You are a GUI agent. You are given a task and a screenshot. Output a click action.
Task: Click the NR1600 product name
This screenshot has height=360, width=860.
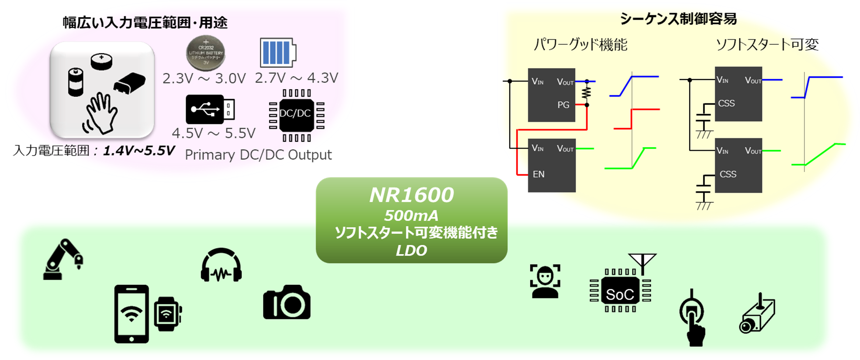click(411, 195)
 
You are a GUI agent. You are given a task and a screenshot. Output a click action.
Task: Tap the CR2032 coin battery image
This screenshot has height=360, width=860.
click(206, 53)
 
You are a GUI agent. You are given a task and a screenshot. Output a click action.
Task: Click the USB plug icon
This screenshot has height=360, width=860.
click(210, 109)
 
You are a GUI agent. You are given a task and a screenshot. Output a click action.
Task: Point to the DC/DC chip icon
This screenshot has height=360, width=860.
click(296, 115)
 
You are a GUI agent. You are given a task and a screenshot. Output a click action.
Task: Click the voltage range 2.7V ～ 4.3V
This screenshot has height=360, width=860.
click(296, 78)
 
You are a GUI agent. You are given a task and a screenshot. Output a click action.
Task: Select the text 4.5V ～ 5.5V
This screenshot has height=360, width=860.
click(214, 133)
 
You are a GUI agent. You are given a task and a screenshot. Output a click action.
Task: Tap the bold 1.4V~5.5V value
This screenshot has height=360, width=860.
click(138, 151)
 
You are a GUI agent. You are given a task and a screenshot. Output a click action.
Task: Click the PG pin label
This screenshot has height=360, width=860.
click(563, 105)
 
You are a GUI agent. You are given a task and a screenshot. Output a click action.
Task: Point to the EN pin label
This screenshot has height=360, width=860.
click(539, 174)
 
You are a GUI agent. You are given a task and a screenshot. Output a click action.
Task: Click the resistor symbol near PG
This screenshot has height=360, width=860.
click(587, 93)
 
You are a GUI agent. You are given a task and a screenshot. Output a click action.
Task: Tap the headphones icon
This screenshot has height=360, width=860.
click(221, 266)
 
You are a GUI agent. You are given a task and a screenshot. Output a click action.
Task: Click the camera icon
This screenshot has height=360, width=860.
click(287, 302)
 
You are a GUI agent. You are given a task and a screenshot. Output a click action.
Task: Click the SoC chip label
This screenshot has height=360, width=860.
click(620, 294)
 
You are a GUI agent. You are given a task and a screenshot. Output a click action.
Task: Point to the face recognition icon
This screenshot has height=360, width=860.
click(545, 281)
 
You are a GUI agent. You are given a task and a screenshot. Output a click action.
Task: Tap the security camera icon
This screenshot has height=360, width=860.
click(757, 314)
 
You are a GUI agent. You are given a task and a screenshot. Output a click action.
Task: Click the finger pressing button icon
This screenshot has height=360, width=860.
click(693, 318)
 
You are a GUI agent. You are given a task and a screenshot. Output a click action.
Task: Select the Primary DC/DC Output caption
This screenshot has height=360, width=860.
click(258, 155)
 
